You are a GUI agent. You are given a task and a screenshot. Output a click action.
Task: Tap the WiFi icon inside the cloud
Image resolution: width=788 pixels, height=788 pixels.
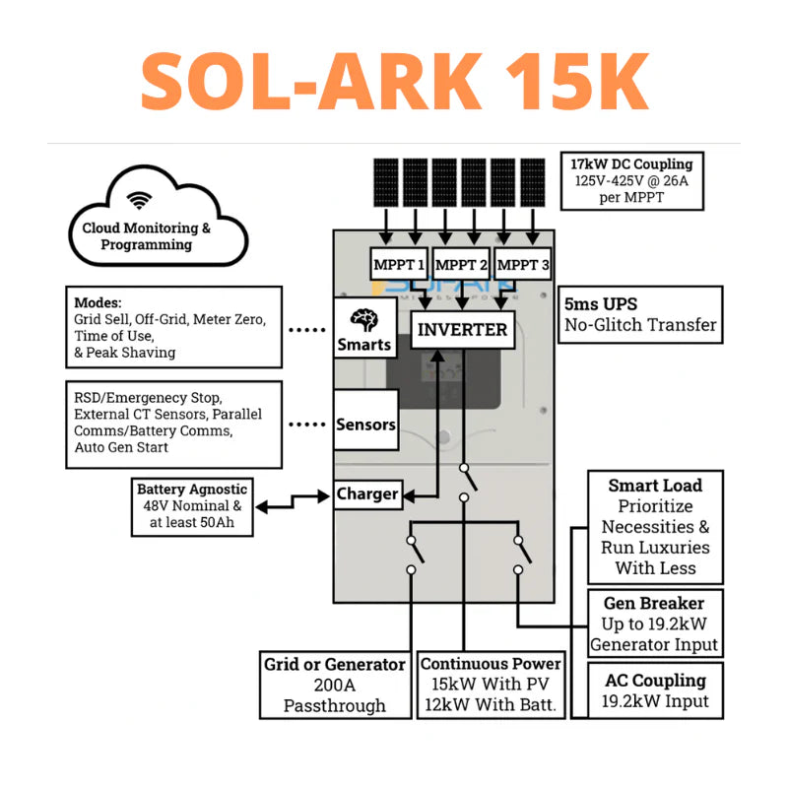point(140,201)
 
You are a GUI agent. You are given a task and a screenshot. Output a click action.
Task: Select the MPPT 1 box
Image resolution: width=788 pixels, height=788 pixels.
point(399,265)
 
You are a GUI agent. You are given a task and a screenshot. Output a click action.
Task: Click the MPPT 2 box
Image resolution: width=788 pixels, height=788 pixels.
point(461,265)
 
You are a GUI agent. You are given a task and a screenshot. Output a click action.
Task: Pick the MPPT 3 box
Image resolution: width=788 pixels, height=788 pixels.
point(523,265)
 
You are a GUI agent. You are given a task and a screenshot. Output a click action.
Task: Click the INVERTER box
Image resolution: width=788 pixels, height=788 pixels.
point(462,329)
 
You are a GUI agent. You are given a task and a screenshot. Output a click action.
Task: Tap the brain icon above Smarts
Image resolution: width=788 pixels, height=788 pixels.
point(363,321)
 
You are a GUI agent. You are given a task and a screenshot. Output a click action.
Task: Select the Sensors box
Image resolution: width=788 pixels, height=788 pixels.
point(365,425)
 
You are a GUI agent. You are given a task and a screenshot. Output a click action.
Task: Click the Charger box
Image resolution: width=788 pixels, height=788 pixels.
point(366,493)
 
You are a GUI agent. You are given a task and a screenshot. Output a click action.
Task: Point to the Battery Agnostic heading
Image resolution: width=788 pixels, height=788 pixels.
point(192,490)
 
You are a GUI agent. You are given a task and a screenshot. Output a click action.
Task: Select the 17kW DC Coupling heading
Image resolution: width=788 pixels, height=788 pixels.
point(631,164)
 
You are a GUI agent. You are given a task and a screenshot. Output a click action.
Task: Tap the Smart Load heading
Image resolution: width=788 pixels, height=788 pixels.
point(655,486)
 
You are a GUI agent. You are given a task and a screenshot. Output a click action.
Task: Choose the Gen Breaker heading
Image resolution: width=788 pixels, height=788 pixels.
point(654,603)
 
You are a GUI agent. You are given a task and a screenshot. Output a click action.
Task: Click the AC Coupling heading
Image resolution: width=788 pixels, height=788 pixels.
point(655,681)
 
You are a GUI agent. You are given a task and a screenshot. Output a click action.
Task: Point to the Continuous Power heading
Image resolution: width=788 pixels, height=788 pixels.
point(491,663)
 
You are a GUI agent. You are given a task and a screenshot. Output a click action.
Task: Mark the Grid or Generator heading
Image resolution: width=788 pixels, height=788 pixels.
point(334,664)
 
